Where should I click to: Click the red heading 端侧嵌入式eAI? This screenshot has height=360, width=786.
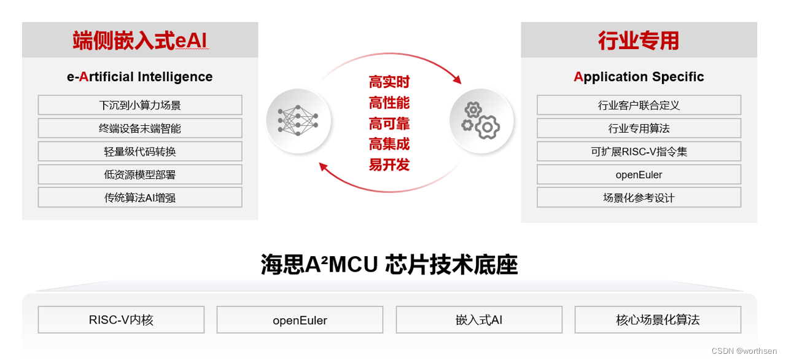coord(140,40)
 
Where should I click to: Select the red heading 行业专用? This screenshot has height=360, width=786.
coord(639,41)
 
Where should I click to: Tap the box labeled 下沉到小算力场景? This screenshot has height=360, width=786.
coord(140,105)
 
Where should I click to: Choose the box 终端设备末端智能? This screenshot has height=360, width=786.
coord(140,128)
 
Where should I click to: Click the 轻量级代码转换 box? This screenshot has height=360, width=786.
coord(140,151)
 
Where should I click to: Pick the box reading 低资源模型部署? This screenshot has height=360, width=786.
coord(140,174)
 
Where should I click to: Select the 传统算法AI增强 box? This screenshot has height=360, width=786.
coord(140,198)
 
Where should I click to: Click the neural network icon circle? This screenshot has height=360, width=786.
coord(298,120)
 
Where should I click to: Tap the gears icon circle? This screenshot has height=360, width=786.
coord(481,120)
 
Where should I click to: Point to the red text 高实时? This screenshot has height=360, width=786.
coord(389,82)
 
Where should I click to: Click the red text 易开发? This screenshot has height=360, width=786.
coord(389,165)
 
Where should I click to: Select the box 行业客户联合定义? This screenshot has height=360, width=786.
coord(639,105)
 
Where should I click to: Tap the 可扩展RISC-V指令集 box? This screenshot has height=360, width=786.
coord(639,151)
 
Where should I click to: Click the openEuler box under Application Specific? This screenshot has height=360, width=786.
coord(639,174)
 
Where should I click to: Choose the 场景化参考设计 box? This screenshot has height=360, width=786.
coord(639,198)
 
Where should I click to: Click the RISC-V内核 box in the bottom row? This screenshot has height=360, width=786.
coord(121,319)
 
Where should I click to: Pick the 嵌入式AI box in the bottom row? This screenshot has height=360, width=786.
coord(479,319)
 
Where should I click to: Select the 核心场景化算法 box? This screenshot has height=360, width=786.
coord(658,319)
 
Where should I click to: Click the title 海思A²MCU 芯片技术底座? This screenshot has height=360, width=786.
coord(389,265)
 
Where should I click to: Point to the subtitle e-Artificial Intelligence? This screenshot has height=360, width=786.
coord(140,77)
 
